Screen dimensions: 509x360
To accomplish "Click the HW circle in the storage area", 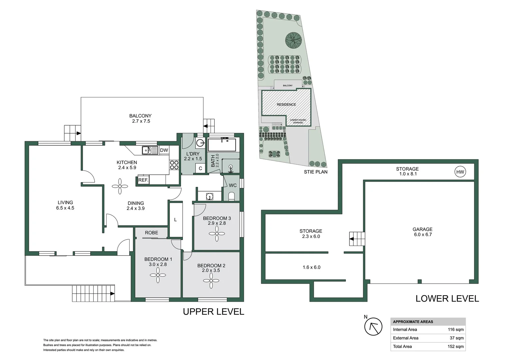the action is [x=460, y=172].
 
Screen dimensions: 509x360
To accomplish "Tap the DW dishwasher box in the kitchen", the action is [x=164, y=150].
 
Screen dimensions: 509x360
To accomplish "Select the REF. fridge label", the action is [x=143, y=180].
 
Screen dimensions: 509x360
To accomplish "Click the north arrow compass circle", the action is [x=373, y=327].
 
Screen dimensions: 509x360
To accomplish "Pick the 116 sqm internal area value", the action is [x=455, y=329].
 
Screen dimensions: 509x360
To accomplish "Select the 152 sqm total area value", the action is [x=455, y=346].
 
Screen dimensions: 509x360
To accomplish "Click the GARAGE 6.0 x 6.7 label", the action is [x=422, y=232].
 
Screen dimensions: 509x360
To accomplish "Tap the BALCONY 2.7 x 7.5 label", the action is [x=141, y=118].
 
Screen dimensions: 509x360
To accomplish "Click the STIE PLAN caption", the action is [x=315, y=172].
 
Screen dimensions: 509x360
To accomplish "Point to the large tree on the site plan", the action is [x=293, y=40].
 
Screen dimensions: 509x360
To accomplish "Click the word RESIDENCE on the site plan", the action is [x=286, y=104].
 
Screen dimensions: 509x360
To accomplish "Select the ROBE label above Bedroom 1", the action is [x=151, y=233].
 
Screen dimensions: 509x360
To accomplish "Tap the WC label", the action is [x=233, y=185].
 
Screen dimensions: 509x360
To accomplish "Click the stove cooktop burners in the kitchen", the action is [x=174, y=165].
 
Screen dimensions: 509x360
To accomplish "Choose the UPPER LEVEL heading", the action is [x=214, y=312].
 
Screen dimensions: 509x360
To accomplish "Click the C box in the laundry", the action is [x=200, y=168].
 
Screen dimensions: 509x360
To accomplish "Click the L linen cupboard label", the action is [x=175, y=220].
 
